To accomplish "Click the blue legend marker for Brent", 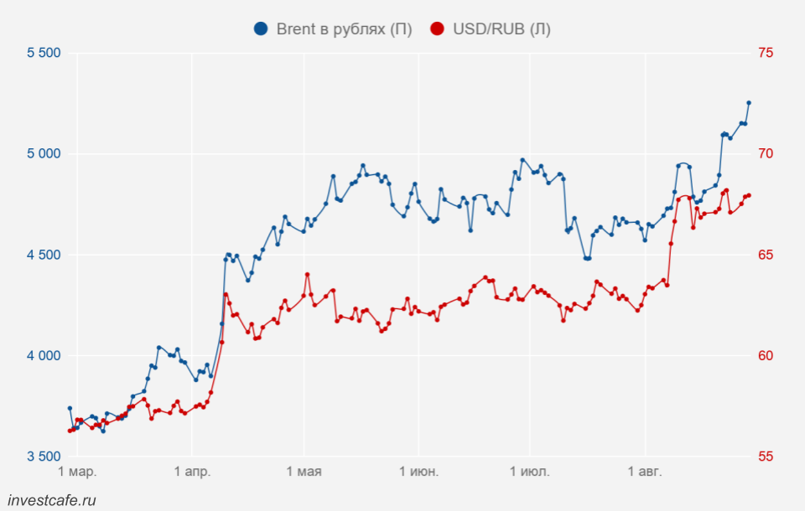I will point(261,29).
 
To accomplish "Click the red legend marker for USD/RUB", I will point(437,29).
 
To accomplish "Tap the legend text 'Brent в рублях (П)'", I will point(344,29).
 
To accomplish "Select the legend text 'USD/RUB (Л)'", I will point(501,29).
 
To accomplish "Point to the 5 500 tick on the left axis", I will point(44,53).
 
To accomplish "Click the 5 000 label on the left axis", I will point(44,154).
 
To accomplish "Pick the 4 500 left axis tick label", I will point(44,255).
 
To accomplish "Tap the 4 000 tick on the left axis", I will point(44,356).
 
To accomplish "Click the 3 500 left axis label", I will point(44,457).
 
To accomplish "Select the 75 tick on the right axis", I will point(766,53).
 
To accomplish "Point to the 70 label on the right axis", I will point(766,154).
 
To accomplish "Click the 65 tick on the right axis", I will point(766,255).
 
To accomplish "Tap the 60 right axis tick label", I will point(766,356).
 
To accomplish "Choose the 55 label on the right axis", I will point(766,457).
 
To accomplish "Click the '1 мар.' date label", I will point(77,472).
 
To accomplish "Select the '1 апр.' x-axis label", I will point(192,472).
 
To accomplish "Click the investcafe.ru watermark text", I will point(50,500).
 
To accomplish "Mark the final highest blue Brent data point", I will point(749,103).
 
